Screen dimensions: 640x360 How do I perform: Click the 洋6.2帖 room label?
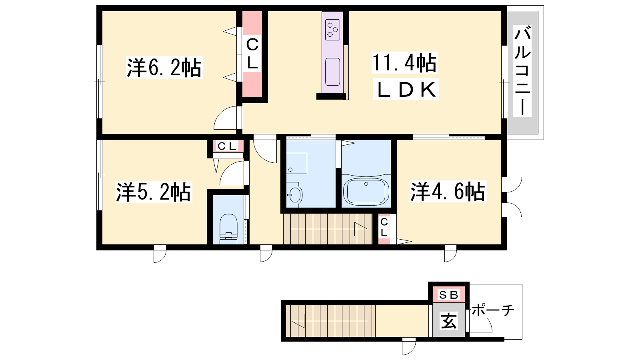point(164,68)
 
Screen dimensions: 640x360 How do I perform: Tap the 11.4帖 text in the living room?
point(404,63)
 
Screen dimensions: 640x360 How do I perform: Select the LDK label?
point(406,89)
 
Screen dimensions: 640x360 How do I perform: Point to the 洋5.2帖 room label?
point(154,192)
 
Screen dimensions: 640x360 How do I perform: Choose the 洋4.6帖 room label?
point(448,192)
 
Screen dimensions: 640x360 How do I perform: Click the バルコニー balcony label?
point(522,70)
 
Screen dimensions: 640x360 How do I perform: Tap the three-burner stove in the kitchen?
point(332,30)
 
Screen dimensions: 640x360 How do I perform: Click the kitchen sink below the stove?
point(332,72)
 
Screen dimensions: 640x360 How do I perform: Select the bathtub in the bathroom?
point(366,192)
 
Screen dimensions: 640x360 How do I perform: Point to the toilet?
point(228,228)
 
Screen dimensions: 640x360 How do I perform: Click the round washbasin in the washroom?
point(294,195)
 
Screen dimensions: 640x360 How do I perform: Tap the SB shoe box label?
point(448,294)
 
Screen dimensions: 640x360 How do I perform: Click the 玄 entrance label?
point(448,320)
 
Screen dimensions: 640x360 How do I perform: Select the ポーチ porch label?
point(493,310)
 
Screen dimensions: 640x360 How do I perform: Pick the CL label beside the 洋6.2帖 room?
point(252,54)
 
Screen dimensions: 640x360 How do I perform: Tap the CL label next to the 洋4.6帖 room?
point(384,227)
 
